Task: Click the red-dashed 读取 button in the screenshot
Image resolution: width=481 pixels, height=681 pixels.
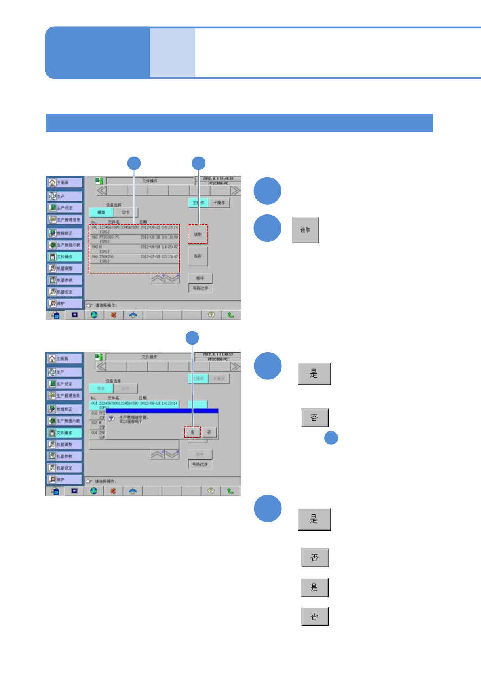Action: tap(198, 235)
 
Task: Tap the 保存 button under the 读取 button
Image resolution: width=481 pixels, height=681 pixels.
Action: tap(198, 256)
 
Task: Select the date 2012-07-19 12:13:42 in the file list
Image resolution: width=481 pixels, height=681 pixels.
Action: tap(159, 257)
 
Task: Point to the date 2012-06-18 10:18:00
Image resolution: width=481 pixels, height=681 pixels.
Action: tap(159, 237)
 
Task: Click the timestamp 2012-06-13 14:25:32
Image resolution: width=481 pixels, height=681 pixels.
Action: tap(159, 247)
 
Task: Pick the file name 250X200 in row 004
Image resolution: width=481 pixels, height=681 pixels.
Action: tap(107, 257)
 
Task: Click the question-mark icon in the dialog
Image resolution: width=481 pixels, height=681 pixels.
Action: tap(111, 419)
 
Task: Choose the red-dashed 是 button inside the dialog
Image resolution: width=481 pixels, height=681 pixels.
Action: tap(192, 432)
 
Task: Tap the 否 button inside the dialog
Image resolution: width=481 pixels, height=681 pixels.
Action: tap(209, 432)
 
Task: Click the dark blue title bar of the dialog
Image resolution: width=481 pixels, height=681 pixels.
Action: tap(162, 411)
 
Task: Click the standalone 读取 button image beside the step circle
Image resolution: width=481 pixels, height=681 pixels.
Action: tap(305, 230)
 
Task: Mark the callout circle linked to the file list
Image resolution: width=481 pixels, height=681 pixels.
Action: tap(134, 163)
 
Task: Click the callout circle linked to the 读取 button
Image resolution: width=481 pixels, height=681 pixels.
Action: tap(198, 163)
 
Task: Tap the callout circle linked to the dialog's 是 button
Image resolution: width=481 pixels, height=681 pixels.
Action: tap(192, 338)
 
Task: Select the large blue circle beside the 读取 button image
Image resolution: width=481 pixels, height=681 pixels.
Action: tap(267, 228)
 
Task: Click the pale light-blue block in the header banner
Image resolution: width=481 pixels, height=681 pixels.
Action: tap(173, 53)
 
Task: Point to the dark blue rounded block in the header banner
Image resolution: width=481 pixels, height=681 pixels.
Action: tap(97, 53)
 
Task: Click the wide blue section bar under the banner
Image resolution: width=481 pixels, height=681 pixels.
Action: tap(239, 123)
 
